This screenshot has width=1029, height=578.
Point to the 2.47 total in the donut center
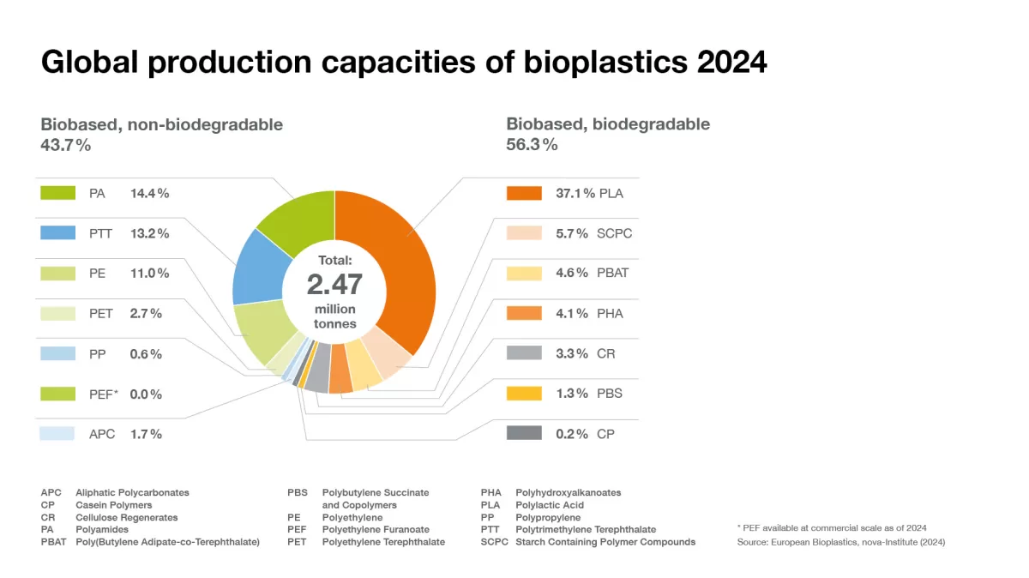[x=334, y=284]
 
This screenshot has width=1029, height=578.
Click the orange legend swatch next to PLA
[x=524, y=193]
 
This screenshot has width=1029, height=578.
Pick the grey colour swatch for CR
[x=524, y=353]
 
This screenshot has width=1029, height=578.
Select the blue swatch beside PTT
[x=57, y=233]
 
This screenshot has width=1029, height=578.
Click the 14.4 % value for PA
[x=149, y=194]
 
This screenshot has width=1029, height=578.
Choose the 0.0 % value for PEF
[x=146, y=394]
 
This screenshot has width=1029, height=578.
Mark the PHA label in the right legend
[x=611, y=314]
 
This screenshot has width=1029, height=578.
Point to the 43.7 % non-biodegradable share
[x=65, y=145]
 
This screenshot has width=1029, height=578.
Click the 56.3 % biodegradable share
[x=532, y=145]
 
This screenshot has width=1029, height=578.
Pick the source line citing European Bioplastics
[x=840, y=542]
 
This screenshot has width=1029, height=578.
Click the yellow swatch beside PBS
[x=524, y=394]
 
